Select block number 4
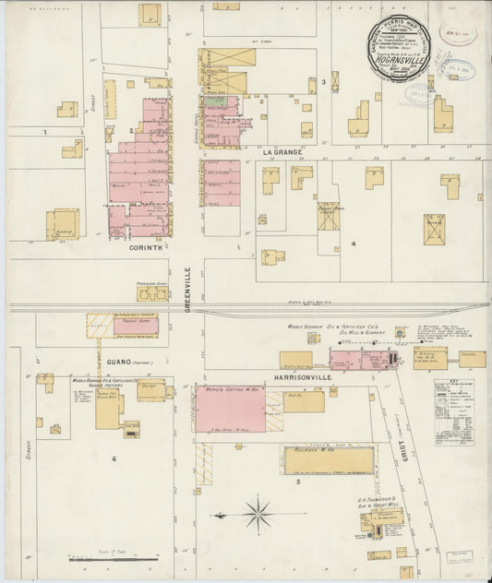353,244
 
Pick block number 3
324,82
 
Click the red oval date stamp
459,67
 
